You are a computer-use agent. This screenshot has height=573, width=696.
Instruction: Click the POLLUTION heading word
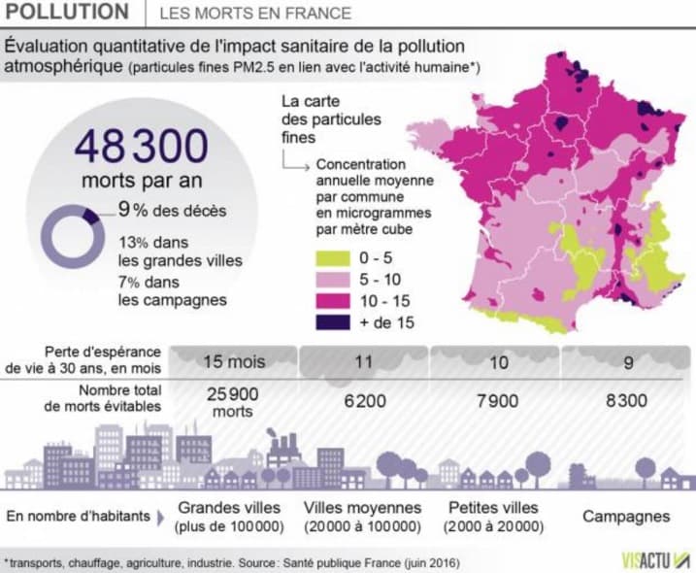pos(66,13)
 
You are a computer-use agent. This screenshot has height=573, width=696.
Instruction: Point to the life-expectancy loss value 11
pos(364,362)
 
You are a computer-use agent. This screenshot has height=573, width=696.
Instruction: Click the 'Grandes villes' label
pos(230,507)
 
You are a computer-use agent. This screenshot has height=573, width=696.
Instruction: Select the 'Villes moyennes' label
pos(363,507)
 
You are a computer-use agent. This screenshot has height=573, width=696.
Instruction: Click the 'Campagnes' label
pos(626,517)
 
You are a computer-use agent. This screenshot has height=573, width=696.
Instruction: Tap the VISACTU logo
pos(656,560)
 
